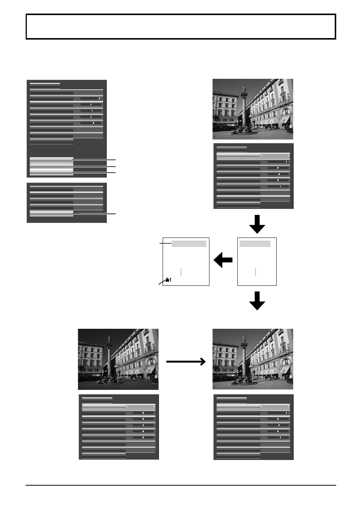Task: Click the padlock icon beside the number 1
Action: click(167, 280)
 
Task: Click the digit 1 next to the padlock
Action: click(170, 280)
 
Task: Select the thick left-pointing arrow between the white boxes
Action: click(223, 260)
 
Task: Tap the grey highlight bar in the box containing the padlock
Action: click(189, 244)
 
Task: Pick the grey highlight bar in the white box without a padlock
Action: click(255, 244)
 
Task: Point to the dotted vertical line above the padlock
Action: click(181, 272)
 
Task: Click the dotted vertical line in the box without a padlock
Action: click(255, 272)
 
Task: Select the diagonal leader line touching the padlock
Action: click(162, 282)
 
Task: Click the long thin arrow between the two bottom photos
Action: click(186, 362)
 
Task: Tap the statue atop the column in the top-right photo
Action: click(244, 89)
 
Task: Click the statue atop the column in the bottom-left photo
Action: click(109, 339)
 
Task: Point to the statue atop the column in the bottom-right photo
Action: click(244, 339)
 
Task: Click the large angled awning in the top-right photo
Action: click(285, 119)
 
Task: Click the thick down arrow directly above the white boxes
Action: click(257, 224)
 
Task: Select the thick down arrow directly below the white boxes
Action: click(257, 301)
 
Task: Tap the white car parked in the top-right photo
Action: click(254, 128)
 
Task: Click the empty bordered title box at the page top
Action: click(181, 27)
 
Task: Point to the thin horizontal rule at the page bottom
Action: click(181, 485)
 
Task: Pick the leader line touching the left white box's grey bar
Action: click(166, 243)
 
